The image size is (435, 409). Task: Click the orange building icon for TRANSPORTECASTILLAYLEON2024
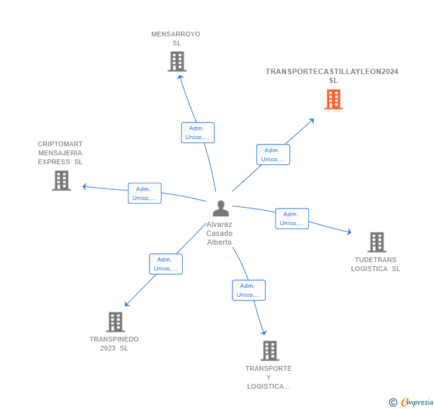[x=333, y=99]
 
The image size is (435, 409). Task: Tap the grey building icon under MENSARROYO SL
[x=177, y=61]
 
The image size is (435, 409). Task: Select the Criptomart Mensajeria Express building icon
[x=62, y=180]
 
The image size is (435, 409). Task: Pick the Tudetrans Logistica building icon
[x=376, y=242]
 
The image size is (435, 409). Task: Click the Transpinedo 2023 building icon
[x=115, y=322]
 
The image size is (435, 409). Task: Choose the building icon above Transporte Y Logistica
[x=269, y=350]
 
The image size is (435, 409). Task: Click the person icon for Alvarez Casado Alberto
[x=220, y=208]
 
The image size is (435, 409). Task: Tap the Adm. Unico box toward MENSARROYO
[x=198, y=133]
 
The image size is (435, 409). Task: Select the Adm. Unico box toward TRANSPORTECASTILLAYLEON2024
[x=273, y=155]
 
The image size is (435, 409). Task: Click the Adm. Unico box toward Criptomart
[x=145, y=193]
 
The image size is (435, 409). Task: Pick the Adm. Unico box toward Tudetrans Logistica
[x=292, y=219]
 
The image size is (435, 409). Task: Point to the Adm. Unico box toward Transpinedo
[x=166, y=264]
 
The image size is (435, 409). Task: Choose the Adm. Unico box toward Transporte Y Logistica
[x=249, y=290]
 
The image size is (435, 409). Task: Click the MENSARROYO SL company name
[x=176, y=38]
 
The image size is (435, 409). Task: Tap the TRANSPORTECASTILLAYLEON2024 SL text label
[x=332, y=76]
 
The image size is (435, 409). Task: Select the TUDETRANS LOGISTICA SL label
[x=375, y=264]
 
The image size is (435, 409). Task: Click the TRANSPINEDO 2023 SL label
[x=114, y=343]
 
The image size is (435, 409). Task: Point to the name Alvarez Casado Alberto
[x=219, y=233]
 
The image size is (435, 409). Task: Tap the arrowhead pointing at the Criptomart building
[x=84, y=186]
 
